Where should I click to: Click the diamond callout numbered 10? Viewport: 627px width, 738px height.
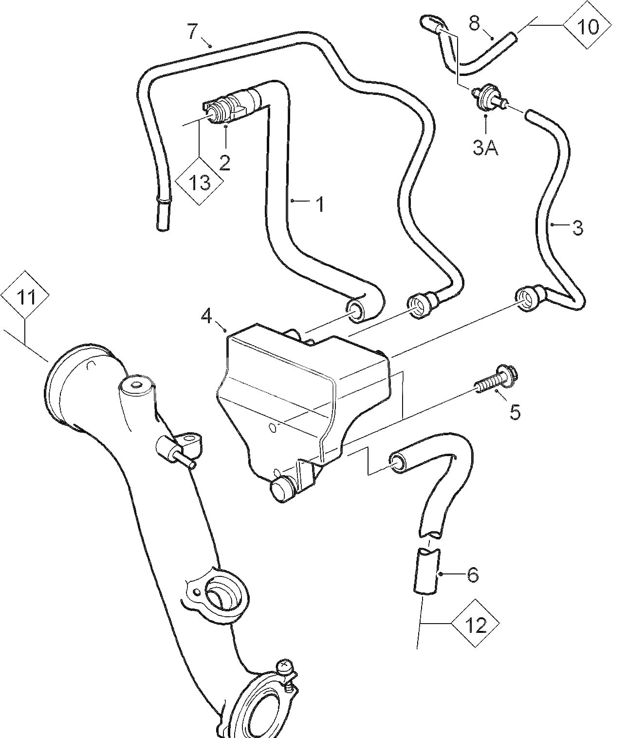click(588, 27)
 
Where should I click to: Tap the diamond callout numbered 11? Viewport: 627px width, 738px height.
click(25, 296)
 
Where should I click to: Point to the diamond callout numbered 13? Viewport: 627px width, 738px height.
click(200, 183)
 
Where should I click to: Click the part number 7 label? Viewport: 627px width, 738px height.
click(193, 32)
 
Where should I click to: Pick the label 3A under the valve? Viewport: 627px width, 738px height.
click(485, 148)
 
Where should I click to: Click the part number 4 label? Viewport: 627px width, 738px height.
click(206, 317)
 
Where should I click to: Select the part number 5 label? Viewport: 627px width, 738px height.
click(515, 412)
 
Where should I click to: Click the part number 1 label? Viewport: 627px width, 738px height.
click(320, 204)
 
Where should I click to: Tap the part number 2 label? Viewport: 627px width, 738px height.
click(224, 163)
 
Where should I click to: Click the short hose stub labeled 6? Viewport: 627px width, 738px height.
click(427, 571)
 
